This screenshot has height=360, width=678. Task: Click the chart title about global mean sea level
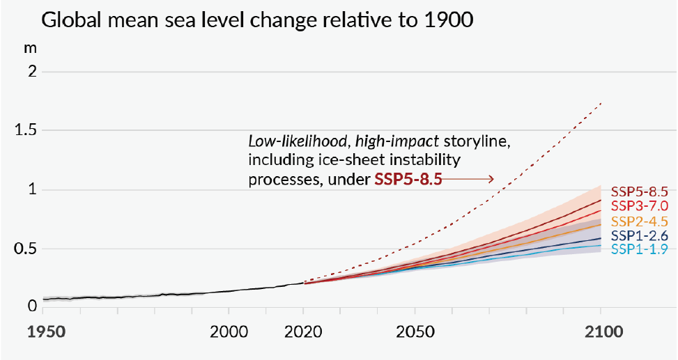(258, 20)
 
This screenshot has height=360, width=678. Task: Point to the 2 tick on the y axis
(31, 72)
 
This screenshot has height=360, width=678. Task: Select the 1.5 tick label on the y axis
(24, 130)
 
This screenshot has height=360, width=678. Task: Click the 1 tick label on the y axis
(31, 190)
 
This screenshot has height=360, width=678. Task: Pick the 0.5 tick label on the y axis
(24, 249)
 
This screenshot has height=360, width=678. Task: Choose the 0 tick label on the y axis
(31, 304)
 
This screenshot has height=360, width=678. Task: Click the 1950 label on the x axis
(45, 332)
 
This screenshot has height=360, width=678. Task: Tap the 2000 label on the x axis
(228, 332)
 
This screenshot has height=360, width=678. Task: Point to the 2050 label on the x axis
(415, 332)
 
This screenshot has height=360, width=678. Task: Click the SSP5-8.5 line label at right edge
(640, 191)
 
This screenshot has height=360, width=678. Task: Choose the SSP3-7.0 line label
(640, 205)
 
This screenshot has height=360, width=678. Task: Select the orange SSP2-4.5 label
(640, 221)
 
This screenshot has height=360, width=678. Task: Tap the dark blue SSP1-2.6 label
(640, 236)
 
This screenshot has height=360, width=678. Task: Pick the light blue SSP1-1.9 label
(640, 249)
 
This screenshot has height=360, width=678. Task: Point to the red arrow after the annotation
(468, 180)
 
